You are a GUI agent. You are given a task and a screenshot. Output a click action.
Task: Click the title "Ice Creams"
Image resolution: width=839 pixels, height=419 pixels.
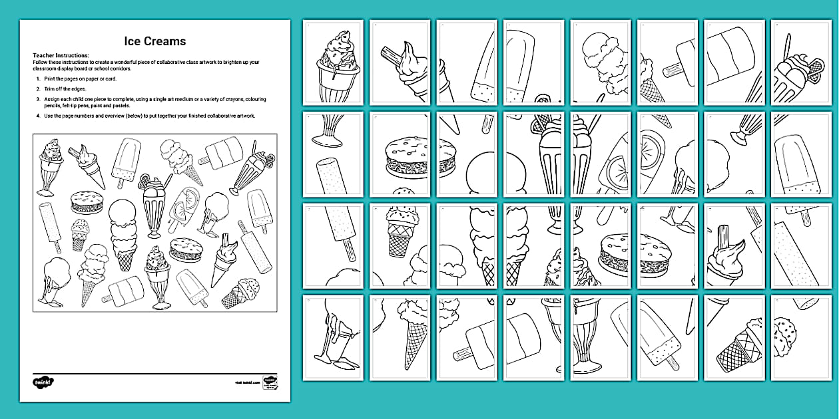click(154, 41)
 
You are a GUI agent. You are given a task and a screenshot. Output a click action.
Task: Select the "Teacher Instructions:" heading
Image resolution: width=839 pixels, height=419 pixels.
click(61, 55)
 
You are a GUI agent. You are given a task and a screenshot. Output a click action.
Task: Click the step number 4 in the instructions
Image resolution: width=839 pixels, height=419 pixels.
click(38, 116)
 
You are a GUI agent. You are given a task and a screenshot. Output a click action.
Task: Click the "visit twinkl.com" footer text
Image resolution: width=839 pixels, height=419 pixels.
click(246, 382)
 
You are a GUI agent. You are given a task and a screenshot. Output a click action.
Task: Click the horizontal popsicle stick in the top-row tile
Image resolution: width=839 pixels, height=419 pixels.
click(675, 67)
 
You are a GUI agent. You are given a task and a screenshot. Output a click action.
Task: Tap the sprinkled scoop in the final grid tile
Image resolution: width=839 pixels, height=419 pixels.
click(786, 329)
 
